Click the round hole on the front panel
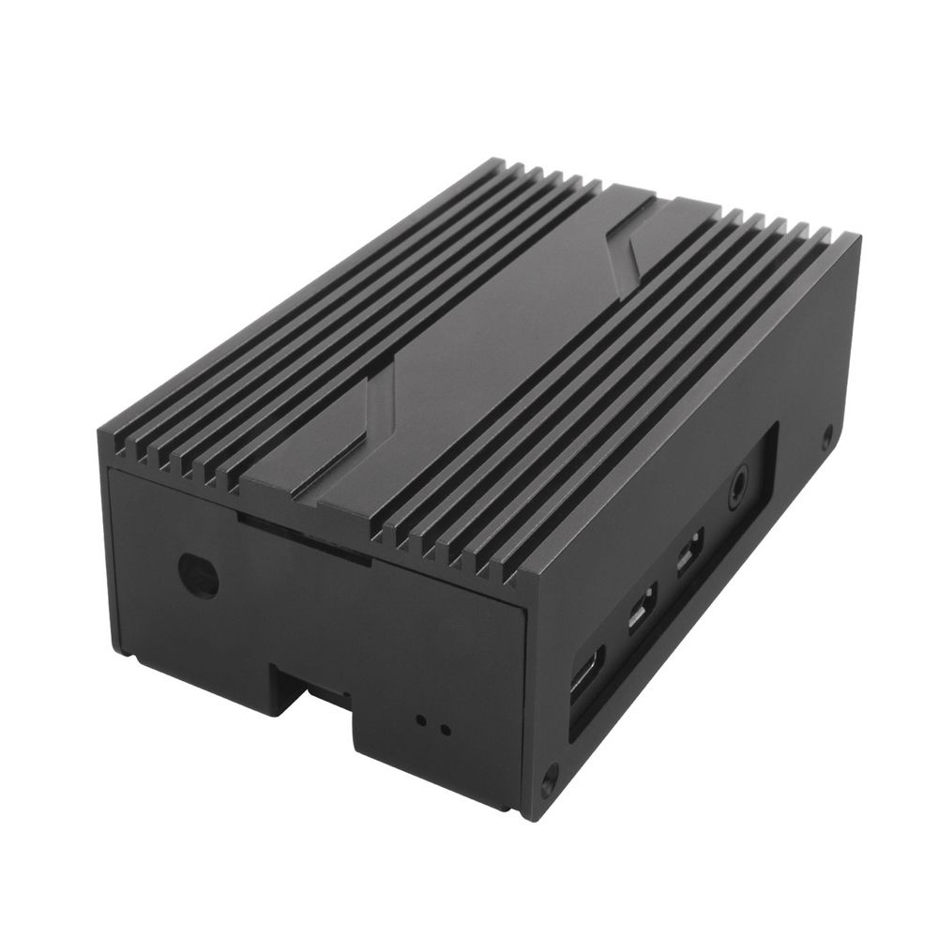[x=199, y=575]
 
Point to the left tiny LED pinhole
[x=421, y=721]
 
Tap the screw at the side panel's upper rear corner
[x=826, y=434]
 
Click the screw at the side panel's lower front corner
[x=550, y=777]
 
